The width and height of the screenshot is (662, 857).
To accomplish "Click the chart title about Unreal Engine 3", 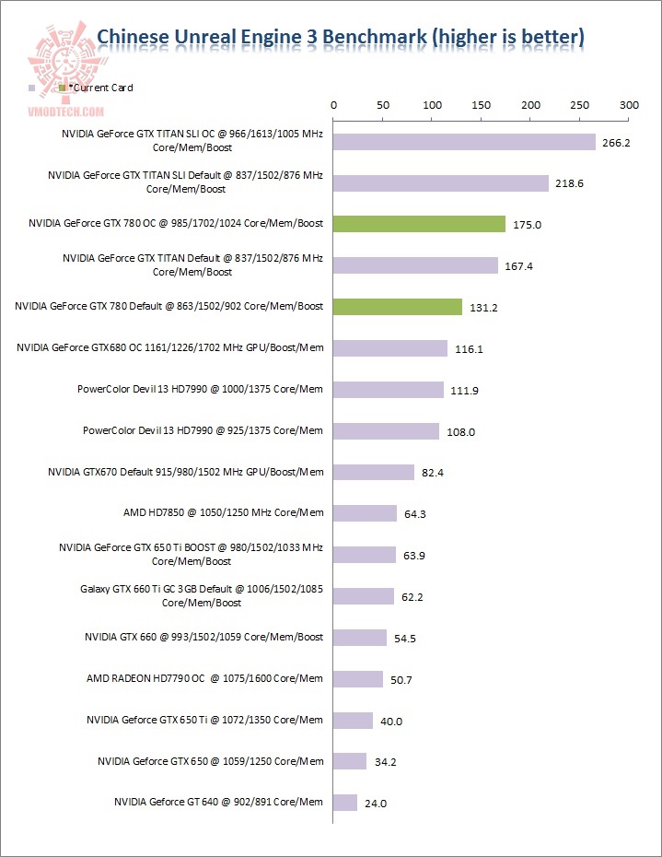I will click(x=341, y=37).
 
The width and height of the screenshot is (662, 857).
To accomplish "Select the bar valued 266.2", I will click(x=464, y=142).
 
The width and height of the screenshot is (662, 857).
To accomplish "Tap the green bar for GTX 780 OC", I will click(x=419, y=224).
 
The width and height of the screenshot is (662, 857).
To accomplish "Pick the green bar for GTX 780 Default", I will click(x=397, y=307).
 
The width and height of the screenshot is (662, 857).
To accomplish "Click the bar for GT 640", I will click(x=345, y=803).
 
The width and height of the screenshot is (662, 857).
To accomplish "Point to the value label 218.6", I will click(x=569, y=183).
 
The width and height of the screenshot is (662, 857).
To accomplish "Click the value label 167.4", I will click(x=518, y=266).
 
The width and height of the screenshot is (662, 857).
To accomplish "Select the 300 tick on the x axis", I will click(x=629, y=106).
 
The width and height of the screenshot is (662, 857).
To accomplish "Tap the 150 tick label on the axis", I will click(x=481, y=106).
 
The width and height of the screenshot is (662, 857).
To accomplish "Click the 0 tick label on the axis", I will click(x=333, y=106).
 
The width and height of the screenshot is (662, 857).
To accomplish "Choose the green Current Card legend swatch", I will click(x=62, y=88).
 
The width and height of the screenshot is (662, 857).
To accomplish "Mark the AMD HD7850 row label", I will click(x=223, y=513).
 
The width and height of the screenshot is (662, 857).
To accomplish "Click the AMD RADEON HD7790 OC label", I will click(x=204, y=678).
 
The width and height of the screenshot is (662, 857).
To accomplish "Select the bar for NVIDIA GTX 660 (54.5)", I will click(x=360, y=638).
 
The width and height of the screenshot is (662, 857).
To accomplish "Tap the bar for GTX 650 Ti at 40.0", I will click(x=353, y=720).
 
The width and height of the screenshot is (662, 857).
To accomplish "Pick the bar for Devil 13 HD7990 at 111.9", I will click(x=389, y=390).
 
